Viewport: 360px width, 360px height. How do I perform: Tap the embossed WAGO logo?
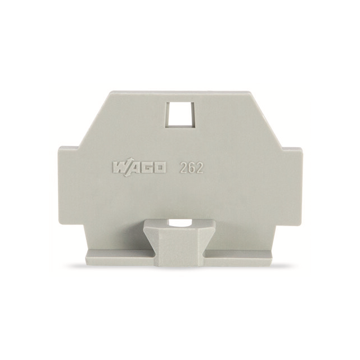138,168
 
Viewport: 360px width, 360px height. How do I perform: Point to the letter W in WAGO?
119,168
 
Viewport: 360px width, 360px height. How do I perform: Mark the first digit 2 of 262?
183,167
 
